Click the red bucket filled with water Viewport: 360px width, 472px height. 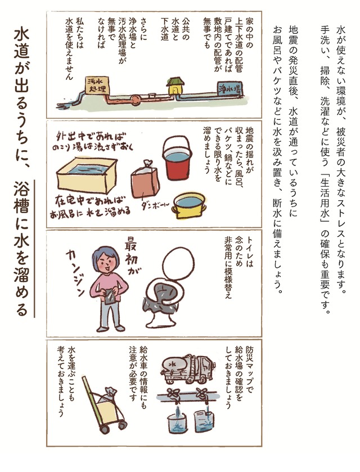click(x=177, y=158)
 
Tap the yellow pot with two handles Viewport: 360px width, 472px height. click(x=190, y=205)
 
